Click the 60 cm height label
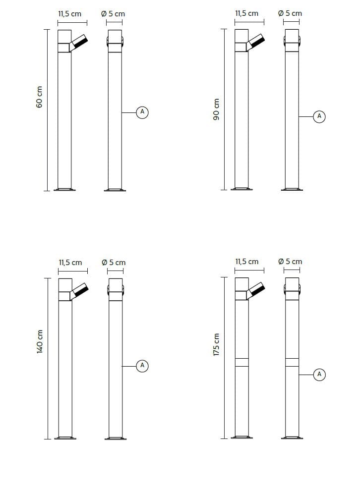(x=39, y=97)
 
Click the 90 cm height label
(x=216, y=109)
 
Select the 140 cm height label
(x=40, y=341)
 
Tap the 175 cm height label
(x=216, y=344)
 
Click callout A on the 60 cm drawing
(x=142, y=112)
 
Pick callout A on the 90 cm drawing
(x=319, y=116)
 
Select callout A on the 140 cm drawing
(x=142, y=366)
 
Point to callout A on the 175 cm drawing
(x=319, y=374)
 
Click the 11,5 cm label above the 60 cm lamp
(x=69, y=14)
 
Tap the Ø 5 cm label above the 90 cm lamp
(x=290, y=13)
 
